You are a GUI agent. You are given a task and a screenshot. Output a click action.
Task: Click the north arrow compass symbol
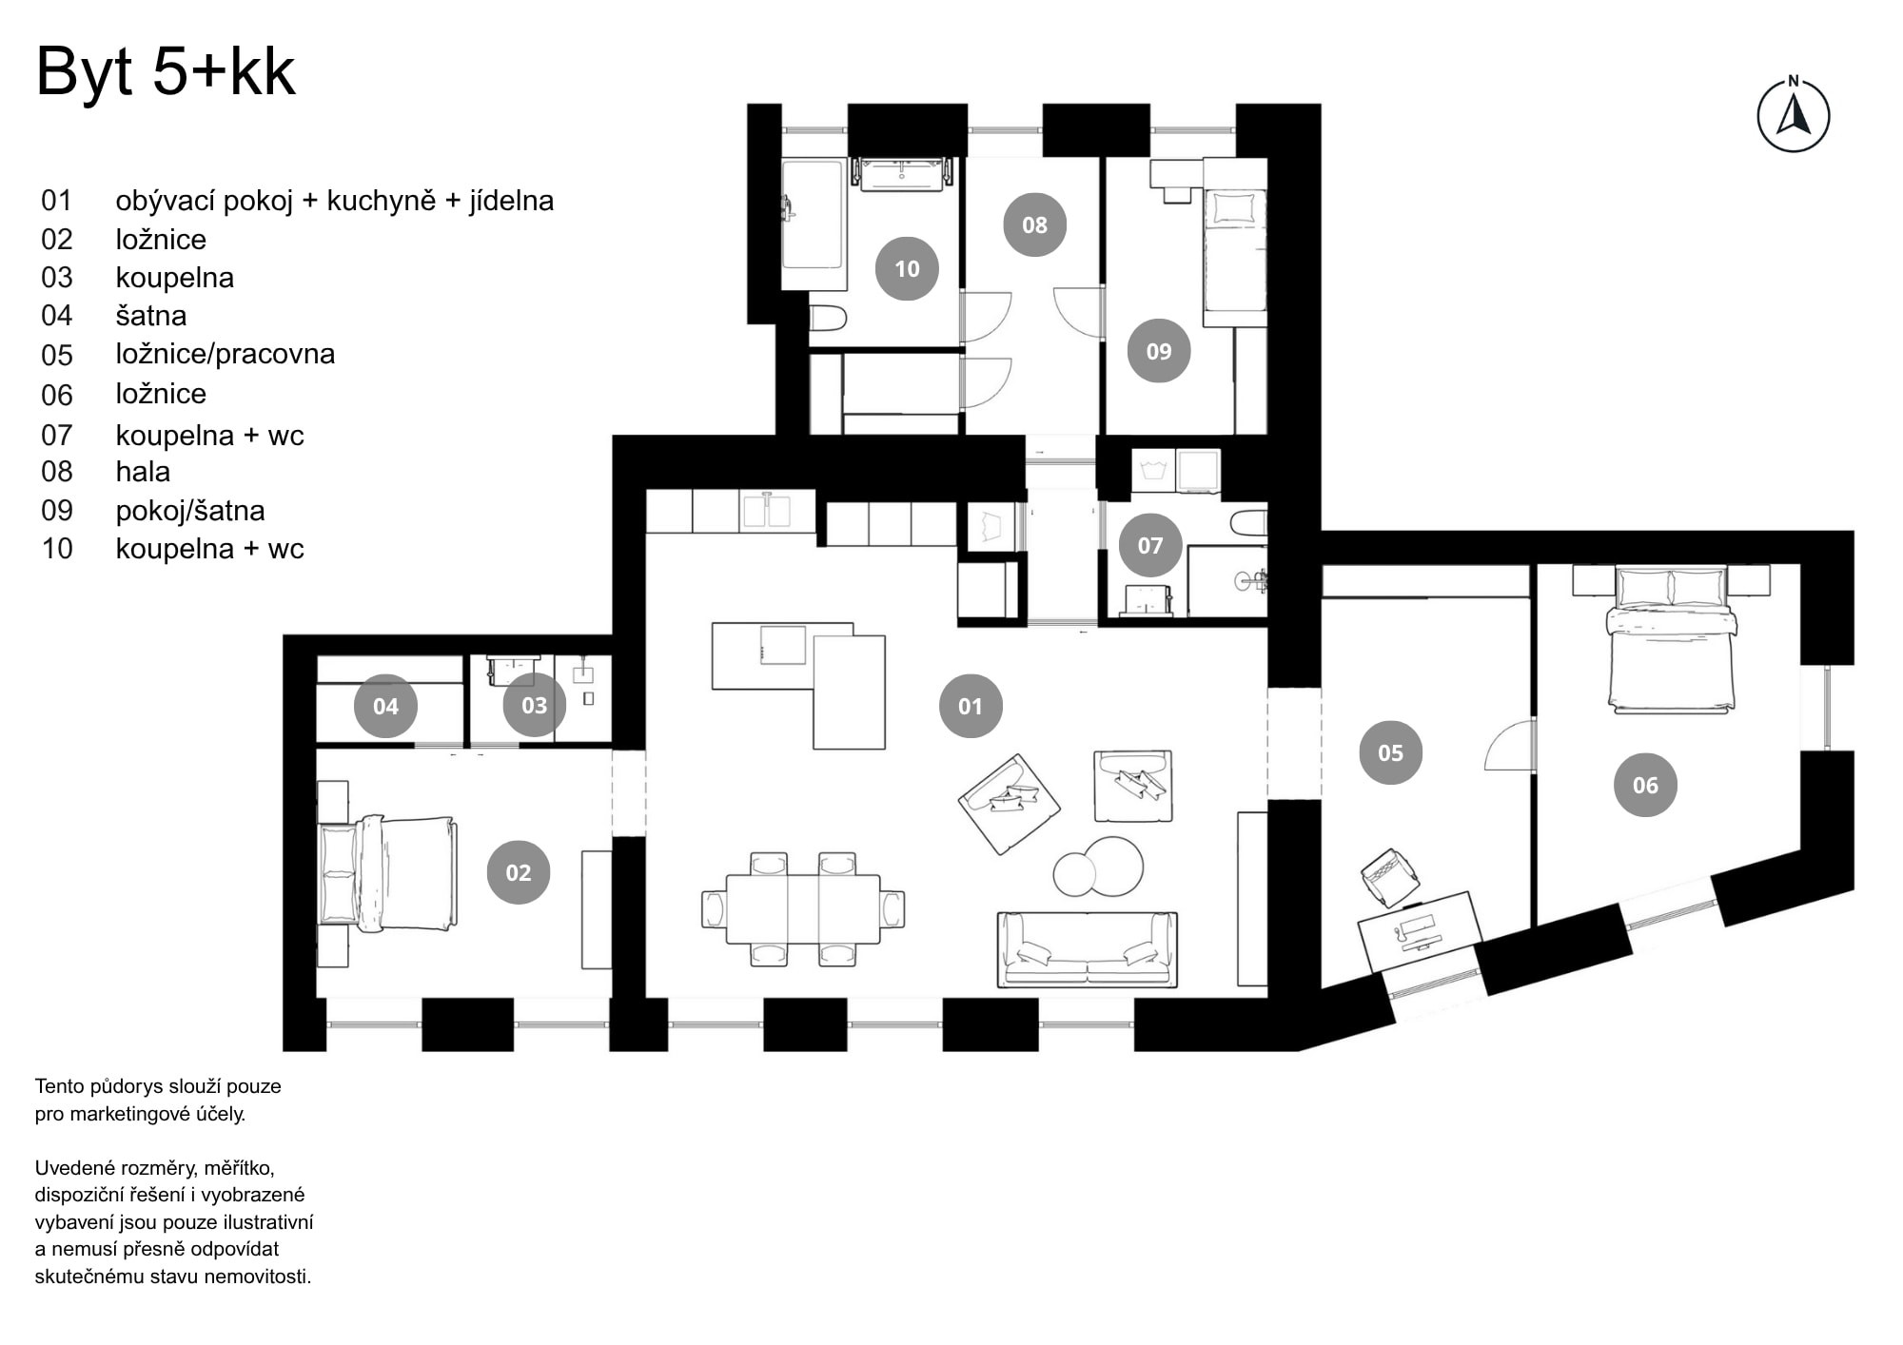click(x=1793, y=117)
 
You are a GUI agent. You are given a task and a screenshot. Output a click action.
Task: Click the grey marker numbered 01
click(x=970, y=706)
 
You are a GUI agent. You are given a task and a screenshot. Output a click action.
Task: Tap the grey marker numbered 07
click(x=1149, y=545)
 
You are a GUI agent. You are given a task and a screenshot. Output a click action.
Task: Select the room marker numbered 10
click(x=906, y=268)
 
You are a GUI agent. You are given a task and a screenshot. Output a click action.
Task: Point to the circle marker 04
click(x=385, y=706)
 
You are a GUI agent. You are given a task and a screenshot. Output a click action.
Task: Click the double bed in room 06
click(x=1671, y=642)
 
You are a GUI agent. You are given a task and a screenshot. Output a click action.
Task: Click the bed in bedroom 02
click(x=388, y=873)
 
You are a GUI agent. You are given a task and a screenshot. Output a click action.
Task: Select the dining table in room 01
click(x=802, y=908)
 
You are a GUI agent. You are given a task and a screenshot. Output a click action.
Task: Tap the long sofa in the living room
click(x=1087, y=949)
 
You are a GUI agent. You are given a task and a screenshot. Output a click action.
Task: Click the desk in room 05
click(x=1419, y=929)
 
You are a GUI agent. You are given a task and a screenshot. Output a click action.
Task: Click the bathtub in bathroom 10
click(x=814, y=224)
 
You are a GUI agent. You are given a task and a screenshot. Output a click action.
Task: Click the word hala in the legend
click(x=143, y=472)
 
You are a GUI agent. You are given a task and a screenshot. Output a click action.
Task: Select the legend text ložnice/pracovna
click(x=225, y=354)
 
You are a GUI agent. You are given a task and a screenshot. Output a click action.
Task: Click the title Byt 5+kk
click(x=166, y=71)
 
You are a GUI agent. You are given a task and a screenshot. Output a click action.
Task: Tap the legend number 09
click(x=57, y=511)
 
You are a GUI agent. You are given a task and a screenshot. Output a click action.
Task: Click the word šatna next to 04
click(x=150, y=316)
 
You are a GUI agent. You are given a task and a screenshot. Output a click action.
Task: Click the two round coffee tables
click(x=1099, y=867)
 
